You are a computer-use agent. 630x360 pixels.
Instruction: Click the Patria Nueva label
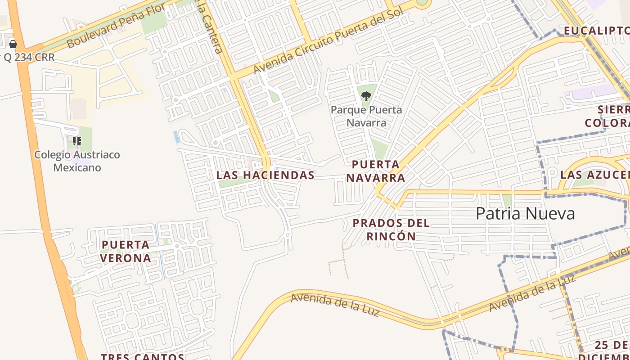tap(525, 213)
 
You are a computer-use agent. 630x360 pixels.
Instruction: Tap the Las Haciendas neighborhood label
tap(265, 175)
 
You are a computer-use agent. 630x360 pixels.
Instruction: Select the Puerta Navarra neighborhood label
tap(376, 171)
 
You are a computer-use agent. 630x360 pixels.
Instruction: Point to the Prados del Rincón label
tap(391, 229)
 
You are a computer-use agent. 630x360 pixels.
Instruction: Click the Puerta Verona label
tap(126, 252)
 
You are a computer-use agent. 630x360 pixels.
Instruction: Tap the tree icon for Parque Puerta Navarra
tap(366, 96)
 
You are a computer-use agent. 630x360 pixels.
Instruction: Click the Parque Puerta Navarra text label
tap(366, 116)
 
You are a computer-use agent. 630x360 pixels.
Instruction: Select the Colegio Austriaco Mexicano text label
tap(77, 161)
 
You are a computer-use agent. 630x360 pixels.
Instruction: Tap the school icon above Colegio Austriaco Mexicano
tap(77, 141)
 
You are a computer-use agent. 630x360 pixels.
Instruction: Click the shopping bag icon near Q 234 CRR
tap(13, 44)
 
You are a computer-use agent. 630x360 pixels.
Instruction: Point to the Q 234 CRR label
tap(29, 58)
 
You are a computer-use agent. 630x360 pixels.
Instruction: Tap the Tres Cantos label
tap(142, 356)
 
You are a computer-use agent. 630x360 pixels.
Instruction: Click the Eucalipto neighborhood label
tap(596, 31)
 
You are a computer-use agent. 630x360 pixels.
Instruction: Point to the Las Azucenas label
tap(594, 175)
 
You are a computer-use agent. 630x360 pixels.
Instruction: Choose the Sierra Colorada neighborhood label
tap(607, 116)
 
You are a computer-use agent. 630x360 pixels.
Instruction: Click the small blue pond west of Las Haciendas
tap(176, 136)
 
